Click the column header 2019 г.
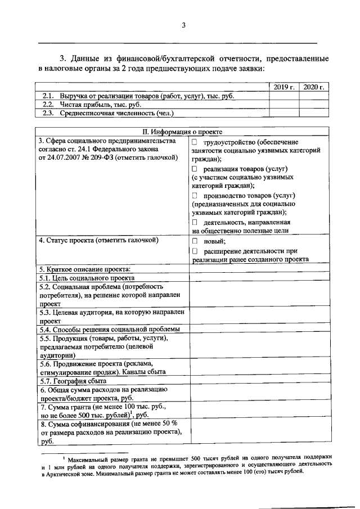[284, 87]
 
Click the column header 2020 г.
[313, 87]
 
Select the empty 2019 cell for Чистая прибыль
[284, 104]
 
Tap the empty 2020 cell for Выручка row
[313, 96]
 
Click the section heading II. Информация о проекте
[182, 132]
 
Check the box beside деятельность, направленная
[195, 222]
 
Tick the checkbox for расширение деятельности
[195, 251]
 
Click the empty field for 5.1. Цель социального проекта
[259, 277]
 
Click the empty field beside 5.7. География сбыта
[259, 381]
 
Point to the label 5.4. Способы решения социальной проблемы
[110, 329]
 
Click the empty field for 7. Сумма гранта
[259, 409]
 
